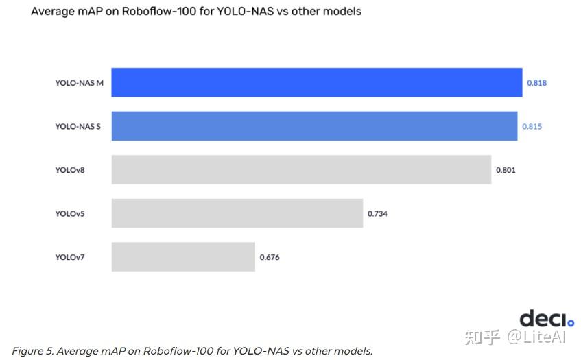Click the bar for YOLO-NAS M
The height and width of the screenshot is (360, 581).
click(316, 82)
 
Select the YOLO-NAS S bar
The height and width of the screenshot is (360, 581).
click(314, 126)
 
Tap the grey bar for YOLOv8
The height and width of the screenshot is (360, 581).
click(301, 169)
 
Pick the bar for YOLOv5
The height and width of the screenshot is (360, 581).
click(237, 213)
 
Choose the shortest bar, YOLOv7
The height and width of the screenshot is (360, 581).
click(183, 256)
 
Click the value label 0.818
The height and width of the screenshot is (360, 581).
click(536, 83)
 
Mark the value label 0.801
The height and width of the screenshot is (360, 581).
click(506, 170)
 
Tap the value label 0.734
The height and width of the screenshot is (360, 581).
click(377, 214)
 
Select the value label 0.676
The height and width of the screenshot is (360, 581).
click(270, 258)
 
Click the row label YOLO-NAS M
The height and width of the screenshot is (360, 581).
click(79, 83)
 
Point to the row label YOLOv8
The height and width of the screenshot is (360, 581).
click(69, 170)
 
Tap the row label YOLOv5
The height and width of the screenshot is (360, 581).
click(69, 214)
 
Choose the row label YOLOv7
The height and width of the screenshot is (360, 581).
click(69, 258)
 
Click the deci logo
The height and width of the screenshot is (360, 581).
click(546, 319)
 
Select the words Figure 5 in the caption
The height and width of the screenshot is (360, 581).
click(32, 351)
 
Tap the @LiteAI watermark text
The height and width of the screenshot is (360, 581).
click(537, 337)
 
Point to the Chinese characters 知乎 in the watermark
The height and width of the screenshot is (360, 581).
click(483, 337)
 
